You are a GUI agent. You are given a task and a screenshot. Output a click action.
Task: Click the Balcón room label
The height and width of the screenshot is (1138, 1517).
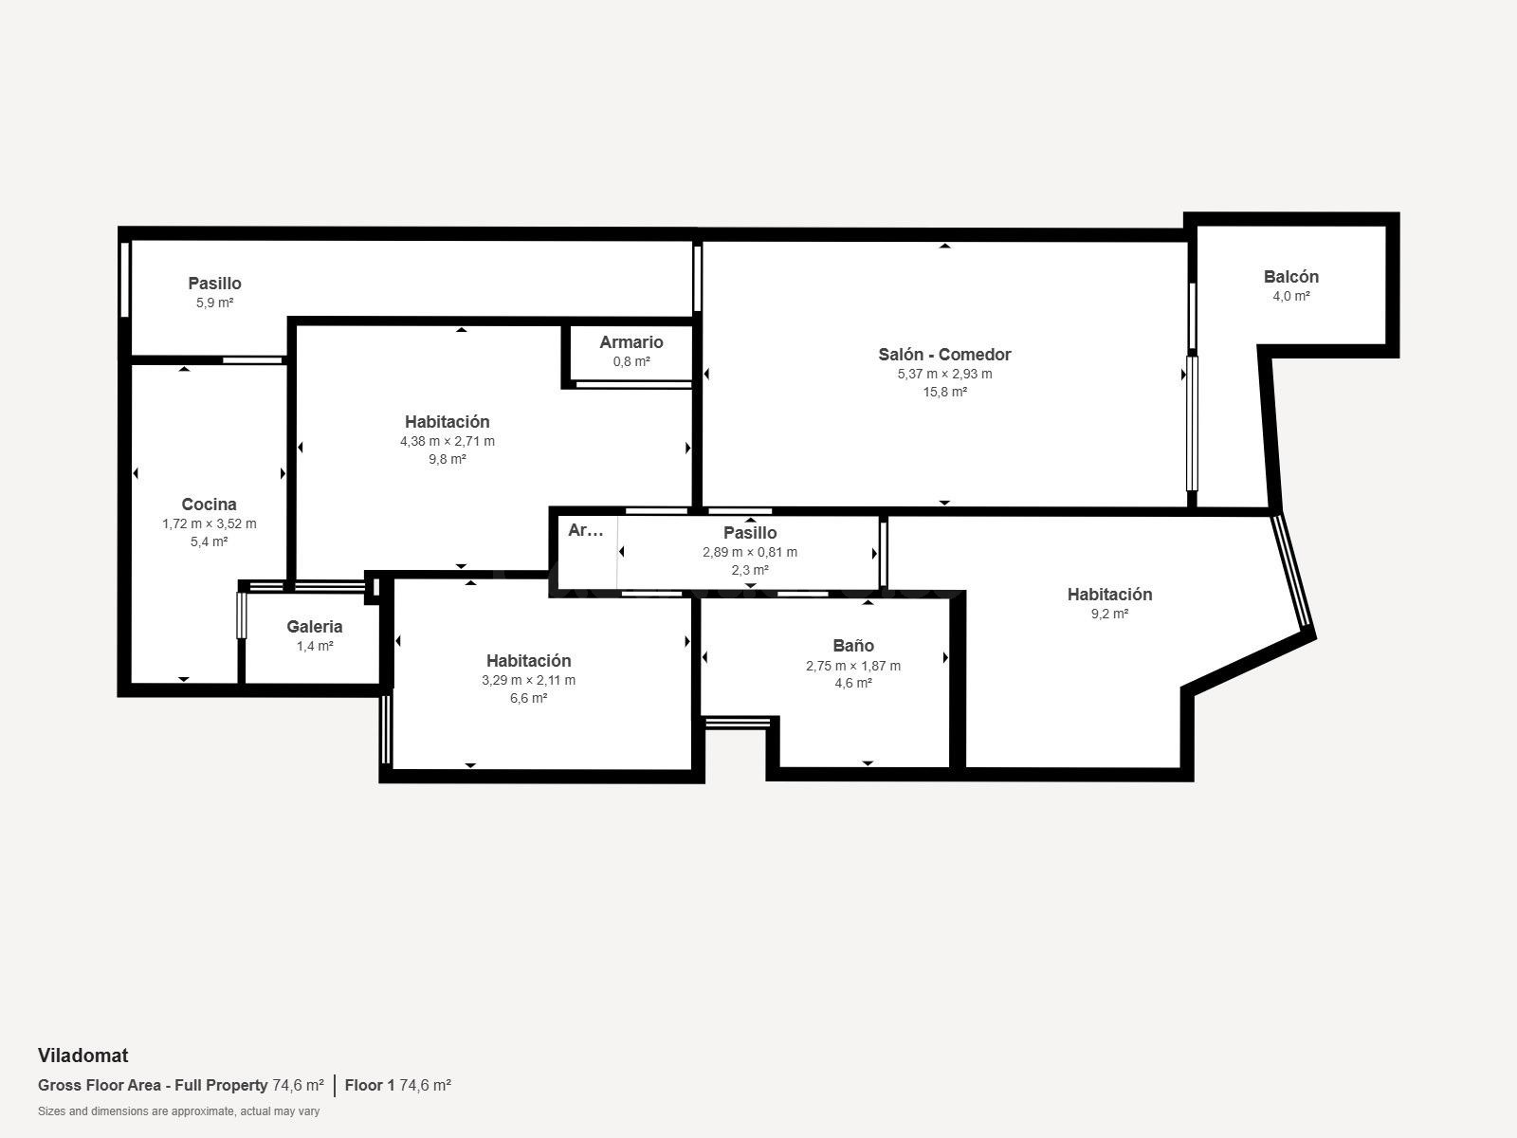(1291, 277)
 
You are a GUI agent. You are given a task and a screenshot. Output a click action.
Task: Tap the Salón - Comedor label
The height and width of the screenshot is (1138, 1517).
(944, 355)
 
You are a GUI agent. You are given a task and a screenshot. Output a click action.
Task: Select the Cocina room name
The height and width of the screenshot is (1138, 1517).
(209, 505)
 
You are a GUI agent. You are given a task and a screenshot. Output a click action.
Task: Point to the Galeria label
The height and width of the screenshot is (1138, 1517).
(315, 627)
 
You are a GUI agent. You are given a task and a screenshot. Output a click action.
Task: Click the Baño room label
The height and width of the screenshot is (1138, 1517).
(852, 646)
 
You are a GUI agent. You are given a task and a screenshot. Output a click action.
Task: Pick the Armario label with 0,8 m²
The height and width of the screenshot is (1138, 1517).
(631, 342)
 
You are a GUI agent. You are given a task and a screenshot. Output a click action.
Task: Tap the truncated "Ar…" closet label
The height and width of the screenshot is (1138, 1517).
(585, 530)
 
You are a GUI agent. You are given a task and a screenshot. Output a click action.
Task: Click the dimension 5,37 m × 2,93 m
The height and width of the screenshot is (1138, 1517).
(944, 374)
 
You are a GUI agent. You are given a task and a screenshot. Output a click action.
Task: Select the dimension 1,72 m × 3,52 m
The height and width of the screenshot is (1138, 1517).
(210, 523)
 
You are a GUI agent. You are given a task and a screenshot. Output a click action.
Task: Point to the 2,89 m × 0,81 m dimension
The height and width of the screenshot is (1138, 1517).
(750, 552)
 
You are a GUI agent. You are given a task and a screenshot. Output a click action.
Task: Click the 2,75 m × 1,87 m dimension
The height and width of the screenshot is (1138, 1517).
(852, 666)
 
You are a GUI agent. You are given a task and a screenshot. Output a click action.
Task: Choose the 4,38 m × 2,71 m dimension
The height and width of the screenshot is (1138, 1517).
(448, 441)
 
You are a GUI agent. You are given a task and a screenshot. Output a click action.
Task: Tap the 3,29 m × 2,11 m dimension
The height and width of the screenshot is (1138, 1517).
(529, 680)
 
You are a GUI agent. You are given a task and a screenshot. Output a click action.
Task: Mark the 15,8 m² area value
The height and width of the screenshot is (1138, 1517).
(944, 392)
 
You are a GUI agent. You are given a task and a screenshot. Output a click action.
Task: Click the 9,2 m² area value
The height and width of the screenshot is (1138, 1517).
(1109, 614)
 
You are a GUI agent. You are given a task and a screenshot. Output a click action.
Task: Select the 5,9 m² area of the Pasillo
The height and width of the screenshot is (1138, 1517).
(215, 303)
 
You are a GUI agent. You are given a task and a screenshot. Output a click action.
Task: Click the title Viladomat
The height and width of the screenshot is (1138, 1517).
(82, 1055)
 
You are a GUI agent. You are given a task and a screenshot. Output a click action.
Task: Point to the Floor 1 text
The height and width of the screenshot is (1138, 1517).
(370, 1085)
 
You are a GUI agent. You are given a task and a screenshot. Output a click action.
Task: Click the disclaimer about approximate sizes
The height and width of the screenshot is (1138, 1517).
(178, 1111)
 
